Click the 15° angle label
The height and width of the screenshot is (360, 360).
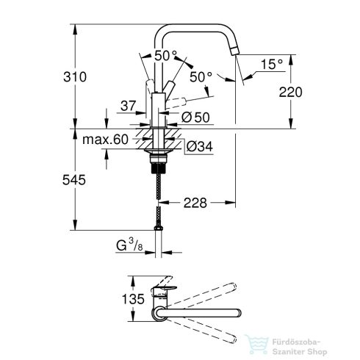point(271,65)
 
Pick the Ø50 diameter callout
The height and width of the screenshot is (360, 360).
point(195,116)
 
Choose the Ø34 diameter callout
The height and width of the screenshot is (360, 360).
point(195,146)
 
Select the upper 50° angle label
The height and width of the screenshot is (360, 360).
point(165,55)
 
